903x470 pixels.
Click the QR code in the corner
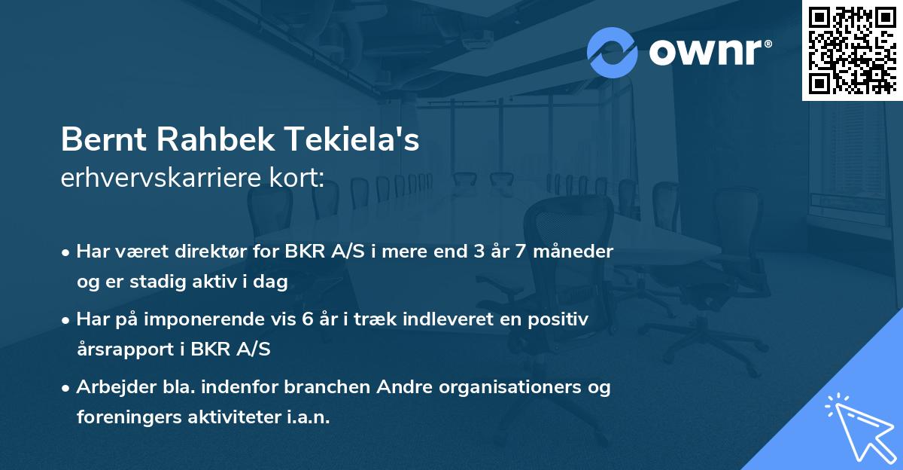coord(851,50)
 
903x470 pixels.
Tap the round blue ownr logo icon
coord(613,52)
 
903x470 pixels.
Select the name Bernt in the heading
coord(95,142)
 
